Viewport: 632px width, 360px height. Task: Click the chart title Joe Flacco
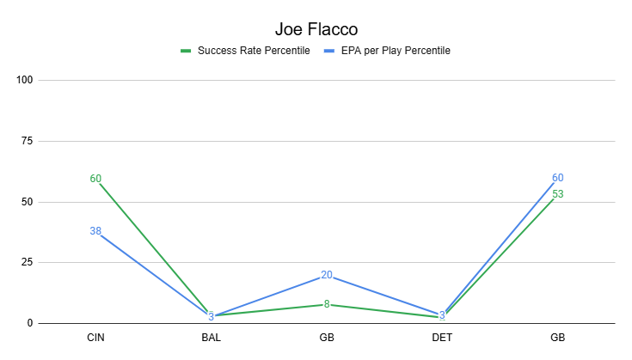click(x=316, y=29)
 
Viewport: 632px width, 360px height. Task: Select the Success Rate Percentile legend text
click(x=253, y=51)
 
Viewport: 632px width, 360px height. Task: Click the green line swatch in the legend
click(x=185, y=51)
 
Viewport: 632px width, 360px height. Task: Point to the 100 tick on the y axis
click(x=24, y=81)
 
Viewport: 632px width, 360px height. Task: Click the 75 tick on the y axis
click(x=27, y=142)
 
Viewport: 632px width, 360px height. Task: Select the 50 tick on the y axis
click(x=27, y=203)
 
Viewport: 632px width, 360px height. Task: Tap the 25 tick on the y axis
click(x=27, y=263)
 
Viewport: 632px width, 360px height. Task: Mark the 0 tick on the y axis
click(x=29, y=324)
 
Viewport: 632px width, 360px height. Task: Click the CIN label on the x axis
click(x=95, y=339)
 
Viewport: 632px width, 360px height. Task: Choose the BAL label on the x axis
click(x=211, y=339)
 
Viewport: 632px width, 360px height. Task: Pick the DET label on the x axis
click(x=442, y=339)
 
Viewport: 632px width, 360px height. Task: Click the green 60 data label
click(x=95, y=179)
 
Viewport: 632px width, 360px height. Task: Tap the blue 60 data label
click(x=558, y=178)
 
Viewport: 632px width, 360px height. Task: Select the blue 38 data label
click(x=95, y=231)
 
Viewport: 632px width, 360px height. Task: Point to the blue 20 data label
click(x=327, y=275)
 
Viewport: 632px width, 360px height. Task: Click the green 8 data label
click(x=327, y=304)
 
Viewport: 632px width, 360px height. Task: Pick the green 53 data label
click(x=558, y=194)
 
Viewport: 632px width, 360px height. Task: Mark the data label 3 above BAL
click(x=211, y=316)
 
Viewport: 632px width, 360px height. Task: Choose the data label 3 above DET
click(x=442, y=315)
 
